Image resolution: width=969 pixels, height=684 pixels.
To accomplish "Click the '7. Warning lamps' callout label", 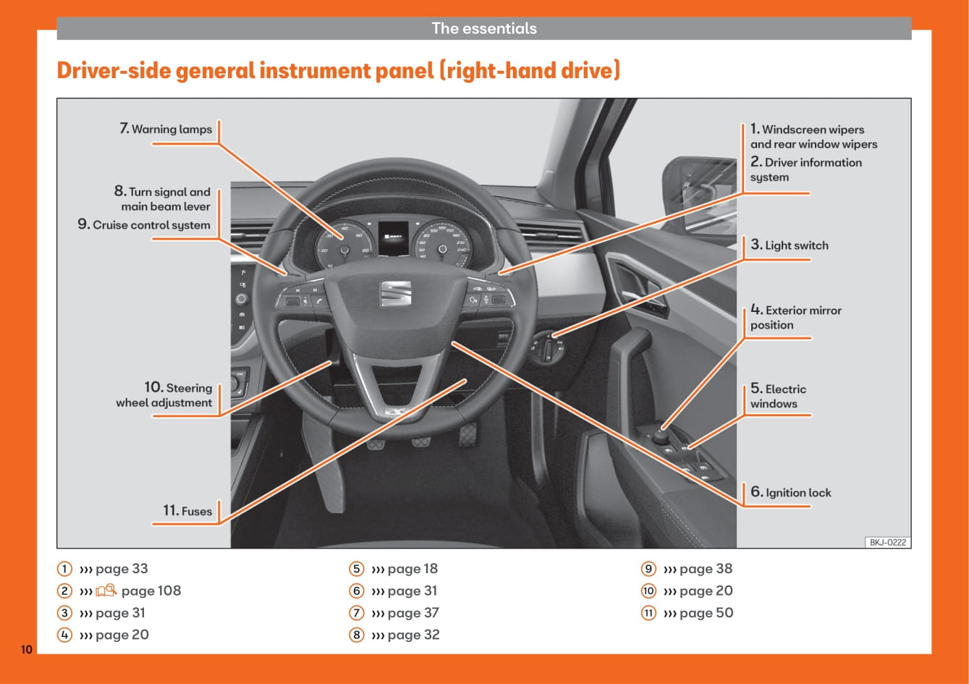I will click(x=166, y=130).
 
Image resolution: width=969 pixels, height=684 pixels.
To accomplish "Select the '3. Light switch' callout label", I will click(x=790, y=245).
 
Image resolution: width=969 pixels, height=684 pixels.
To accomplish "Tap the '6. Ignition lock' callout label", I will click(x=791, y=493).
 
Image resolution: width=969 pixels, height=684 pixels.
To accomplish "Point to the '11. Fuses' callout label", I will click(x=187, y=511).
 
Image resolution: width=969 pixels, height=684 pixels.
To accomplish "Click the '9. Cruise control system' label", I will click(x=144, y=225).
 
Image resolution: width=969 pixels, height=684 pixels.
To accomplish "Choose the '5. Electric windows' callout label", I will click(x=778, y=397).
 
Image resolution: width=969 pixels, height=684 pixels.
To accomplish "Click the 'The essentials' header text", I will click(x=484, y=28).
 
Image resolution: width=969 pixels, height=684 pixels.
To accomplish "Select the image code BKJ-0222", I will click(x=887, y=542).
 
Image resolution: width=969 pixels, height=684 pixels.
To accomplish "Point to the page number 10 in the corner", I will click(x=26, y=649).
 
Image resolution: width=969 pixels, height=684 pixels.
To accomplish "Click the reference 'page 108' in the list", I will click(x=151, y=591).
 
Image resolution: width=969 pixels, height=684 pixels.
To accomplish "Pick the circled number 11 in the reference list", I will click(x=648, y=613).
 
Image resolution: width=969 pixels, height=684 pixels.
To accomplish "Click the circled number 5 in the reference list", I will click(x=356, y=569).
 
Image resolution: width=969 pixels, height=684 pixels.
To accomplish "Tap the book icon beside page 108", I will click(x=106, y=591).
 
